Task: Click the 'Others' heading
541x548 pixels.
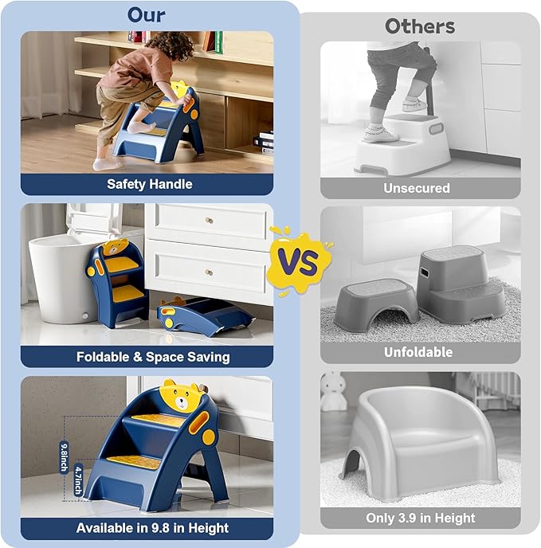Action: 420,25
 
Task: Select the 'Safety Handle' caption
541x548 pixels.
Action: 149,184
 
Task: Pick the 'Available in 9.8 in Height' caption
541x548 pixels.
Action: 152,528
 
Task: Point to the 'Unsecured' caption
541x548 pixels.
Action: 417,188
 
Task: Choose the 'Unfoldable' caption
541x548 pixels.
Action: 418,352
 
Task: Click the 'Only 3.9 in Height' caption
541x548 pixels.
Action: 421,519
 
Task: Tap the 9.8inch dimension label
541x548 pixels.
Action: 64,456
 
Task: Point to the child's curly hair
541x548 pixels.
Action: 171,45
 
